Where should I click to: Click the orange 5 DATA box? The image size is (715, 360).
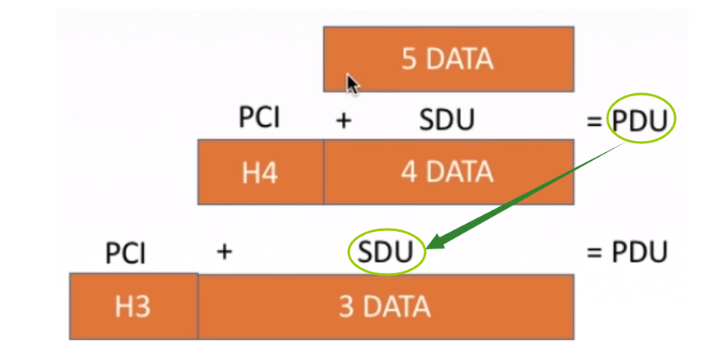pyautogui.click(x=448, y=59)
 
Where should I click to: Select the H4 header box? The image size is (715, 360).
pyautogui.click(x=260, y=172)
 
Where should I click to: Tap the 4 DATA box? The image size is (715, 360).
pyautogui.click(x=448, y=172)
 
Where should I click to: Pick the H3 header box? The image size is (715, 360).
pyautogui.click(x=133, y=307)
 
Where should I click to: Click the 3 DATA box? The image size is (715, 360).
pyautogui.click(x=385, y=307)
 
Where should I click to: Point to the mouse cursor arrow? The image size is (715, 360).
pyautogui.click(x=352, y=84)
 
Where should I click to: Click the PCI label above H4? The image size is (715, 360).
pyautogui.click(x=260, y=119)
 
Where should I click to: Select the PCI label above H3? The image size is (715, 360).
pyautogui.click(x=126, y=254)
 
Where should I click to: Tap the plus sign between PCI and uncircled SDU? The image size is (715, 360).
pyautogui.click(x=344, y=120)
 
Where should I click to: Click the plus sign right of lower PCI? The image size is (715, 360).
pyautogui.click(x=225, y=253)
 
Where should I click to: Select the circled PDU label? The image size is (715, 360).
pyautogui.click(x=642, y=121)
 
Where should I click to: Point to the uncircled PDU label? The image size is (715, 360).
pyautogui.click(x=639, y=252)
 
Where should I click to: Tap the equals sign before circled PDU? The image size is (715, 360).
pyautogui.click(x=594, y=122)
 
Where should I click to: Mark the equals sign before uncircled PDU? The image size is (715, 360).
pyautogui.click(x=593, y=253)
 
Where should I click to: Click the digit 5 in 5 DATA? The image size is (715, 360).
pyautogui.click(x=409, y=60)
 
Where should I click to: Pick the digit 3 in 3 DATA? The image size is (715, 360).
pyautogui.click(x=346, y=307)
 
